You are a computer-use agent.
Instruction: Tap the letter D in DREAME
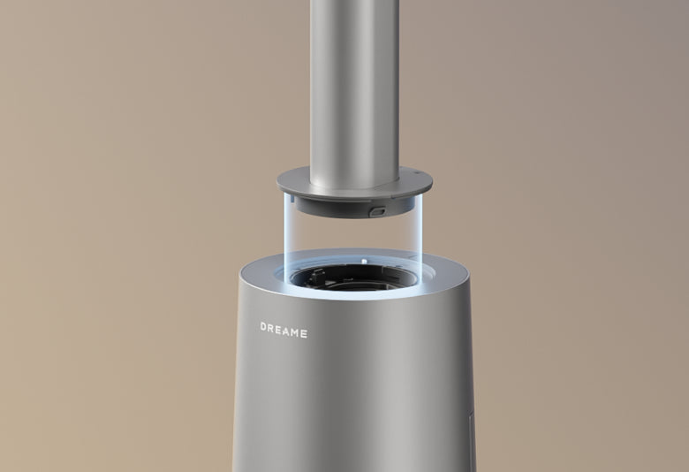coord(264,328)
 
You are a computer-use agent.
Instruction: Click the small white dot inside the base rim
coord(362,262)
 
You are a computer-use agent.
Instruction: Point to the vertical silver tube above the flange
coord(353,80)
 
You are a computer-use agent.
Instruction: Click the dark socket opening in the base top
coord(353,277)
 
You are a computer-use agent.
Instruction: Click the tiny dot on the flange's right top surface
coord(409,170)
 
